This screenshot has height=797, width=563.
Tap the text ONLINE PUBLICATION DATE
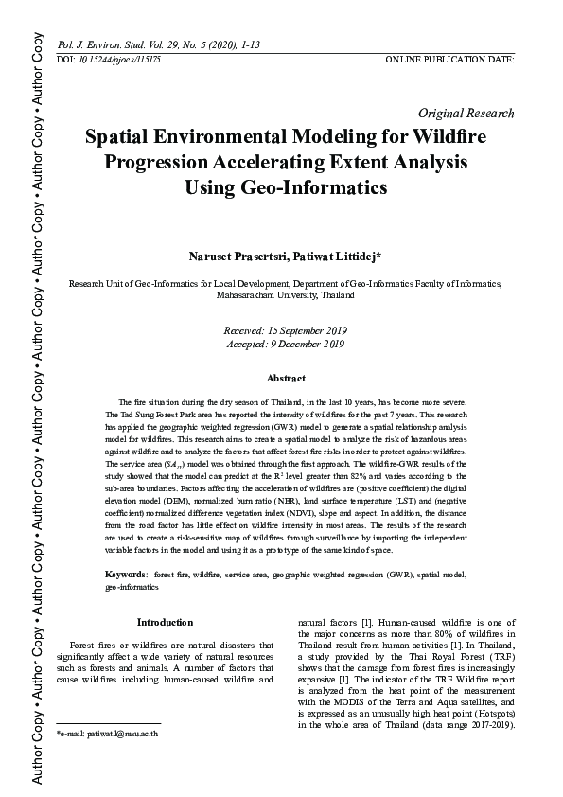click(450, 60)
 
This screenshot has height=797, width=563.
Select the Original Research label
click(466, 113)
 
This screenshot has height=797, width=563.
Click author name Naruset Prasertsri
click(229, 257)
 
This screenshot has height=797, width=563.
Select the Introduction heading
click(165, 622)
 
